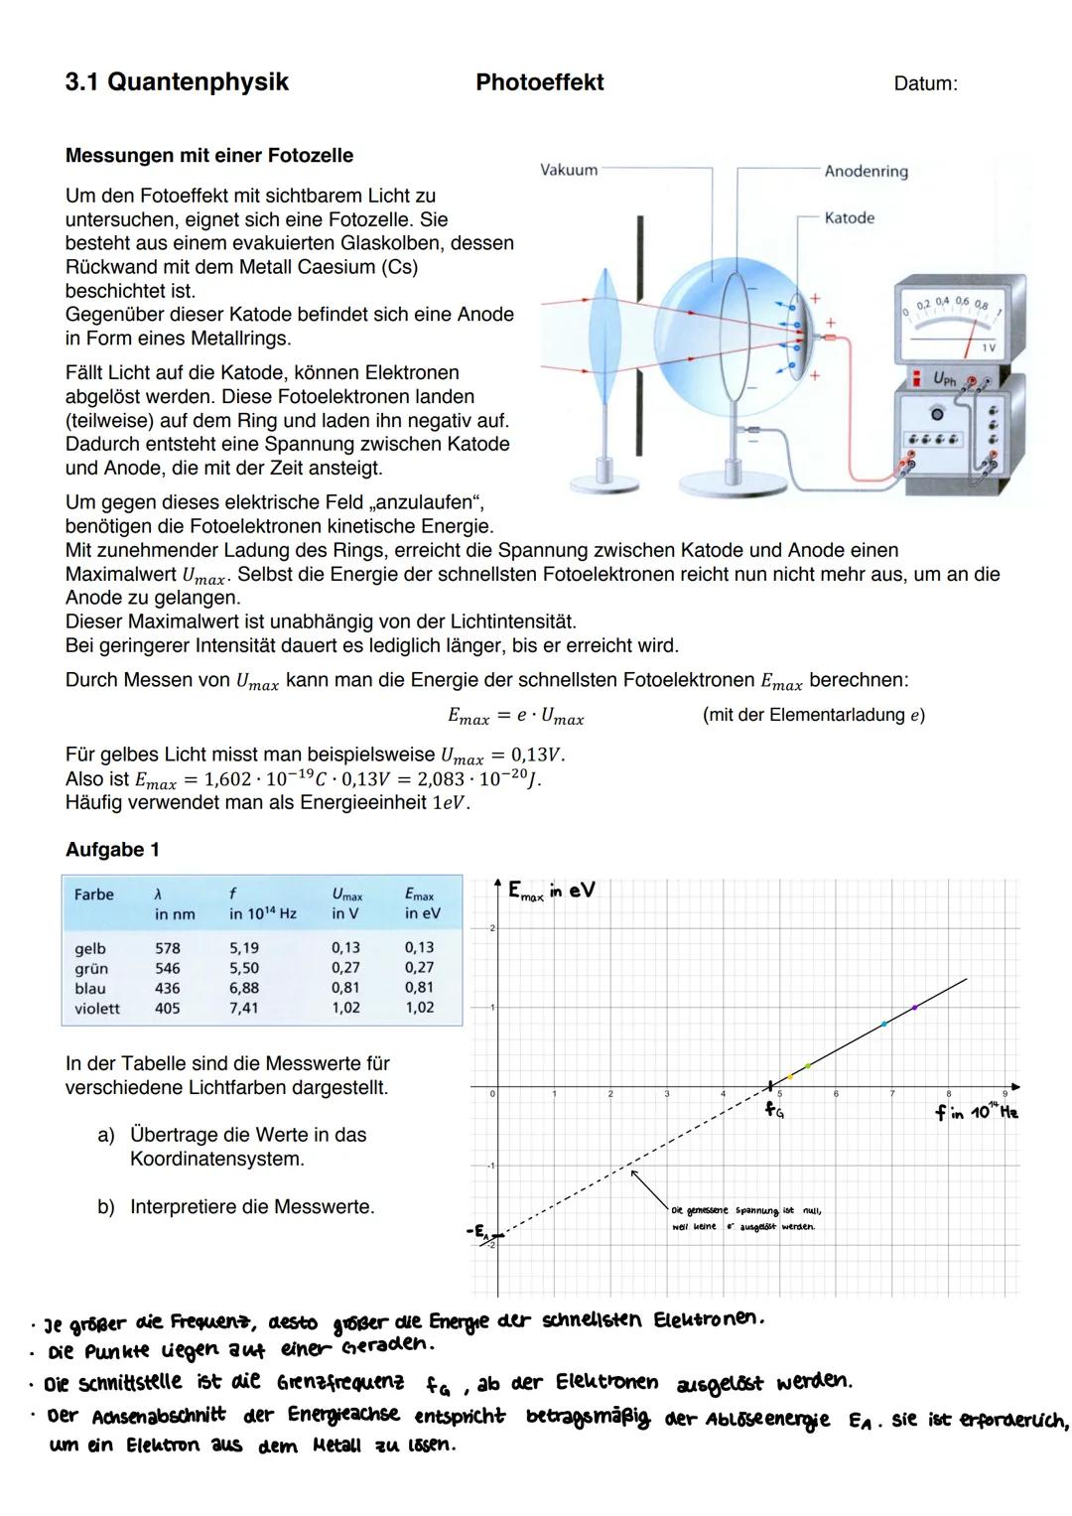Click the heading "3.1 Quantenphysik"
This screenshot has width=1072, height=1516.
click(177, 81)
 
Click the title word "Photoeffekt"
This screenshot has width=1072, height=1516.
click(539, 82)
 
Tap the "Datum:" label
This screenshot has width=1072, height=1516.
click(925, 84)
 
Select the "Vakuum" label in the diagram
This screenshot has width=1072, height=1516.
click(569, 170)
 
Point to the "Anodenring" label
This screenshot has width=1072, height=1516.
click(866, 172)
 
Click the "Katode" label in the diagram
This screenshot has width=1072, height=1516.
click(849, 217)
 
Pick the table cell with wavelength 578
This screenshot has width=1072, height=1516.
click(168, 948)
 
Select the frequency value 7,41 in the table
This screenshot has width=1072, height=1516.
click(244, 1008)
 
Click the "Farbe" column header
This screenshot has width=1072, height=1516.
click(94, 895)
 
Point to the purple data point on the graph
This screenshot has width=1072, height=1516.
click(914, 1007)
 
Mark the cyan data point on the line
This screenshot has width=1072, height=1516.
click(883, 1024)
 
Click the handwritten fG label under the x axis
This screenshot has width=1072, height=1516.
click(774, 1111)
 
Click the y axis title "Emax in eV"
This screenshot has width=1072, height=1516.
click(551, 891)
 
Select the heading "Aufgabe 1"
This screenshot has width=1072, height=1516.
click(112, 850)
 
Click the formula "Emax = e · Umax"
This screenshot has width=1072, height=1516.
click(515, 716)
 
